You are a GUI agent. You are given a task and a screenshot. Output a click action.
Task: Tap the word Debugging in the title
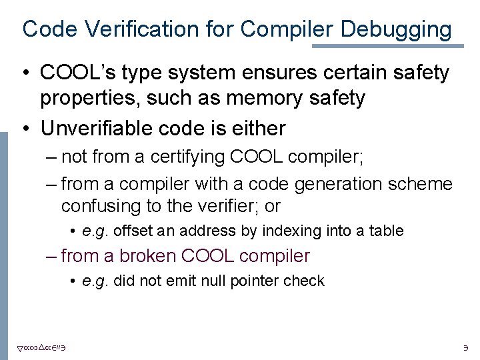396,29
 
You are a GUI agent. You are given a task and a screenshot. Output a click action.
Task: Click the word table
388,231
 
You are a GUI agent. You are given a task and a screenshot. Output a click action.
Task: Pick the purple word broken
151,255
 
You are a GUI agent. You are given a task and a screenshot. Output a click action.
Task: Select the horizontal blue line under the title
387,46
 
